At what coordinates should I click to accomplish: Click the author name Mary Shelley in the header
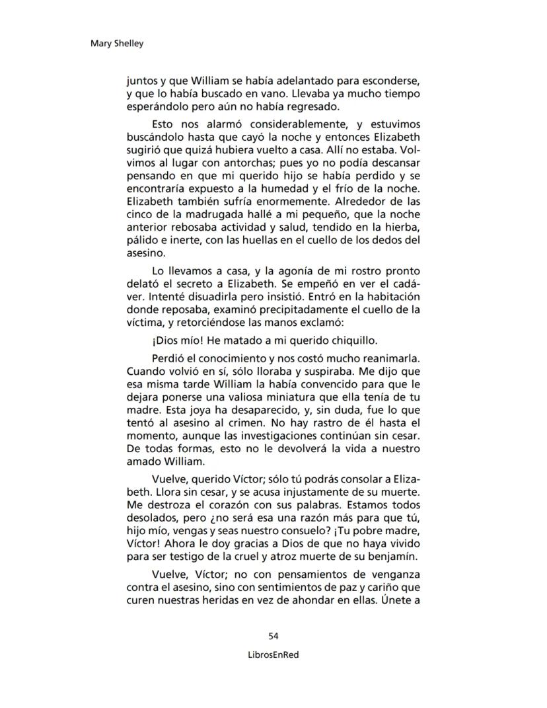pyautogui.click(x=116, y=44)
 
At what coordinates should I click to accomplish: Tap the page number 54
pyautogui.click(x=273, y=636)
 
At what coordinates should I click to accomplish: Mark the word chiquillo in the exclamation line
pyautogui.click(x=347, y=341)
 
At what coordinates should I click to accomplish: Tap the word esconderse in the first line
pyautogui.click(x=387, y=81)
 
